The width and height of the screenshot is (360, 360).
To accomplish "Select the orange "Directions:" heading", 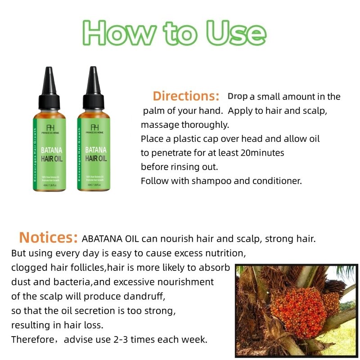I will tap(186, 96).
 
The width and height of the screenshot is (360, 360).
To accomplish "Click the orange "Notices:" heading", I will tap(49, 237).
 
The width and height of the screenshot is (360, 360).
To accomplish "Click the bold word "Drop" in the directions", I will tap(238, 96).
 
